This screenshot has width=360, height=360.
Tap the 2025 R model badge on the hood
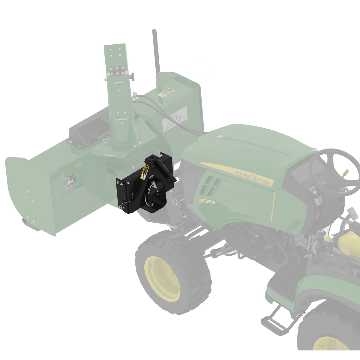click(207, 201)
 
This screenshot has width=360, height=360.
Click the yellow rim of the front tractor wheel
click(162, 279)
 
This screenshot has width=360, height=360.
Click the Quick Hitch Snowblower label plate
click(175, 119)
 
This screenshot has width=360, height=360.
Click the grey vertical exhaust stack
click(156, 51)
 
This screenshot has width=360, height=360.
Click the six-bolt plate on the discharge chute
click(117, 71)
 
